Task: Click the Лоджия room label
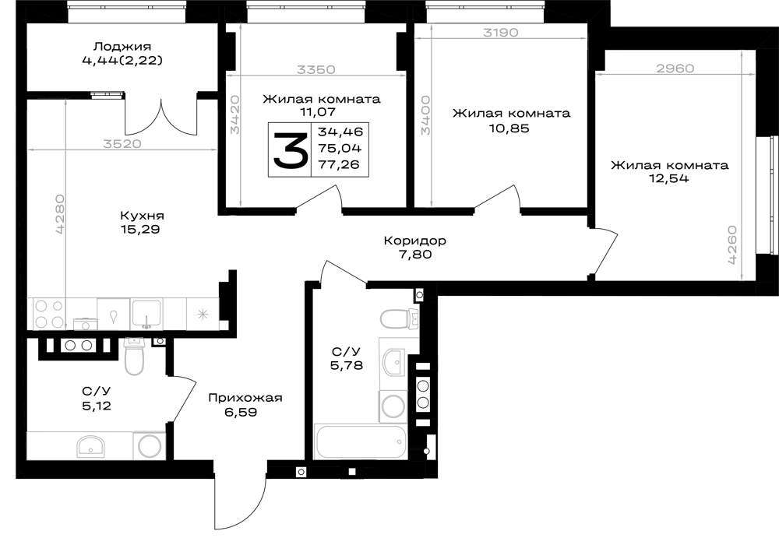click(122, 47)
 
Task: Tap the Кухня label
click(142, 216)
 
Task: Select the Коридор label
click(415, 241)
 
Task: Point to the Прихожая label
click(245, 398)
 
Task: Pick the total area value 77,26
click(340, 164)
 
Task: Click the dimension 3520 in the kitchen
click(122, 144)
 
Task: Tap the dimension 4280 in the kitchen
click(60, 214)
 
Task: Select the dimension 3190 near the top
click(501, 33)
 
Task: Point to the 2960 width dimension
click(675, 68)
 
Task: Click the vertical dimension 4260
click(731, 245)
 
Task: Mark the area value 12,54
click(670, 179)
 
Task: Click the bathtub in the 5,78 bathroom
click(361, 441)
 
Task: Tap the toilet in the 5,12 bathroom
click(134, 356)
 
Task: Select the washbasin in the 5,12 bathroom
click(90, 445)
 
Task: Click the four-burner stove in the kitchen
click(49, 314)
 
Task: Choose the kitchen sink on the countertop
click(146, 315)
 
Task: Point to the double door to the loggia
click(161, 117)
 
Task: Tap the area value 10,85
click(512, 128)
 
